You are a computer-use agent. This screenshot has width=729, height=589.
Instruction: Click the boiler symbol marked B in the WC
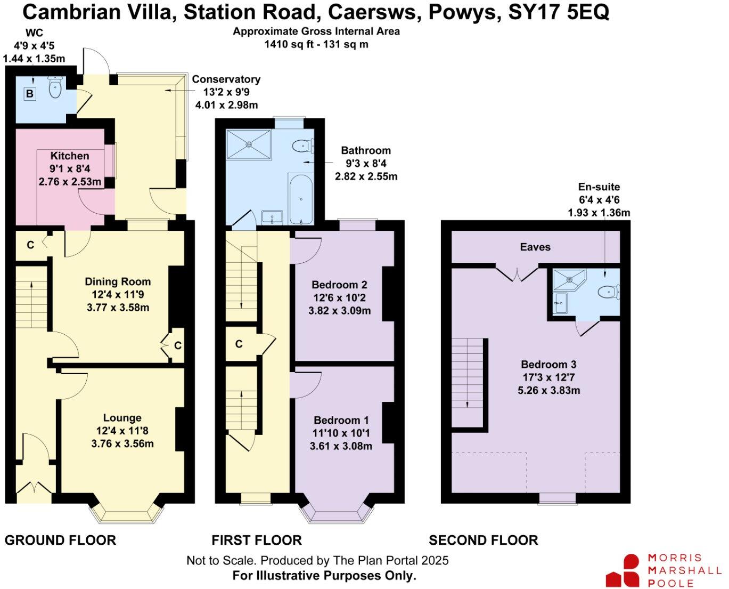30,94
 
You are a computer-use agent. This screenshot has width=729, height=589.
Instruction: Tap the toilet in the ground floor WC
55,87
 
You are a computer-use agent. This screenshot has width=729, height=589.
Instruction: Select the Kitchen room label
70,156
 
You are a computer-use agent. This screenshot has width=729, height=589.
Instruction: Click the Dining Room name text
118,281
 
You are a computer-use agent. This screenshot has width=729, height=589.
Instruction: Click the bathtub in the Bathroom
301,199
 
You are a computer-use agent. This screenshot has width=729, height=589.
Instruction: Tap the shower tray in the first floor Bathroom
249,144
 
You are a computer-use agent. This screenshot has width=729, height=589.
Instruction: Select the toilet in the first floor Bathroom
303,145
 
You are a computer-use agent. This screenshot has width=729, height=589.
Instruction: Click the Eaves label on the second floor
535,247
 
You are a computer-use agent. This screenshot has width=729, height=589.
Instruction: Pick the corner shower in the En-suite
568,279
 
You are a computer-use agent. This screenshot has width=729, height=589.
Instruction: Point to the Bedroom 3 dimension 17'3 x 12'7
548,377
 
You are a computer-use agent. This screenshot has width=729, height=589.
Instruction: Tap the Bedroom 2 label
339,285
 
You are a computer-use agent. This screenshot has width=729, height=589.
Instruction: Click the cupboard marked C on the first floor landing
239,344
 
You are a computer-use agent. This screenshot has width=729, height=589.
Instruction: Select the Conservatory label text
226,79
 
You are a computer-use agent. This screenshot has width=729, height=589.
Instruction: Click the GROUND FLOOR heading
60,540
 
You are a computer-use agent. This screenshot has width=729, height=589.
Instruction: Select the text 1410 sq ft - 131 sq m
316,44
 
